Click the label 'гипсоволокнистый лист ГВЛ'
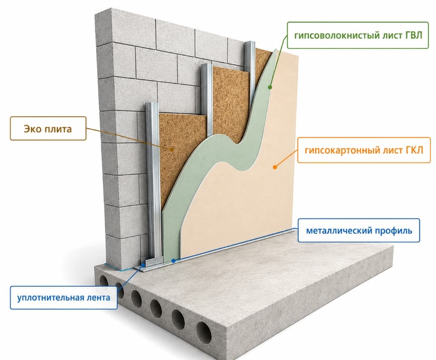pyautogui.click(x=358, y=35)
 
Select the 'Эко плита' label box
pyautogui.click(x=48, y=128)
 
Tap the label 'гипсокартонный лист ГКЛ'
pyautogui.click(x=364, y=150)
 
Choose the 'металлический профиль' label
pyautogui.click(x=359, y=230)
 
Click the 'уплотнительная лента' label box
pyautogui.click(x=63, y=297)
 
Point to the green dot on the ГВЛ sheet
pyautogui.click(x=270, y=87)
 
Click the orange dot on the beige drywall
pyautogui.click(x=275, y=167)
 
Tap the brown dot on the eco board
pyautogui.click(x=172, y=150)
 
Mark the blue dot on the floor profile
pyautogui.click(x=173, y=261)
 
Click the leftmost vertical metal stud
pyautogui.click(x=153, y=181)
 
